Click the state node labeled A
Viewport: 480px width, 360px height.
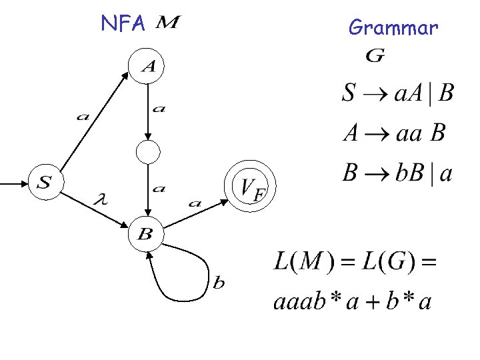point(146,65)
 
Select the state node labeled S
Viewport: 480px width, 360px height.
point(45,182)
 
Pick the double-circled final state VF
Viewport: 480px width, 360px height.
point(252,187)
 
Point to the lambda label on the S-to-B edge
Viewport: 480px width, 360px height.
point(102,199)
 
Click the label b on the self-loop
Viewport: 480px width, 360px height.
point(219,283)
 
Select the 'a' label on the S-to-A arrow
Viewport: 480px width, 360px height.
point(83,117)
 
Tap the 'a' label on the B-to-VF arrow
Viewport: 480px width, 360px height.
point(195,203)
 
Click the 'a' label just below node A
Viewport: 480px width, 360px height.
point(159,109)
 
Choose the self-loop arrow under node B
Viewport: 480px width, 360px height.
point(180,280)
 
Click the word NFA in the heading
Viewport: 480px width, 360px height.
point(123,25)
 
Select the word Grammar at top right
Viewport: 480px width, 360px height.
point(393,28)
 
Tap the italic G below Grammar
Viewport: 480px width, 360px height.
point(375,57)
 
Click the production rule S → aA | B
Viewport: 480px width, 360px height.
point(398,93)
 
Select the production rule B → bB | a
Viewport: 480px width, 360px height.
point(397,175)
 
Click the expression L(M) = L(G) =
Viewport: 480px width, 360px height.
point(355,261)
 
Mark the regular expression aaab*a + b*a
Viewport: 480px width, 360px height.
point(353,302)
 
